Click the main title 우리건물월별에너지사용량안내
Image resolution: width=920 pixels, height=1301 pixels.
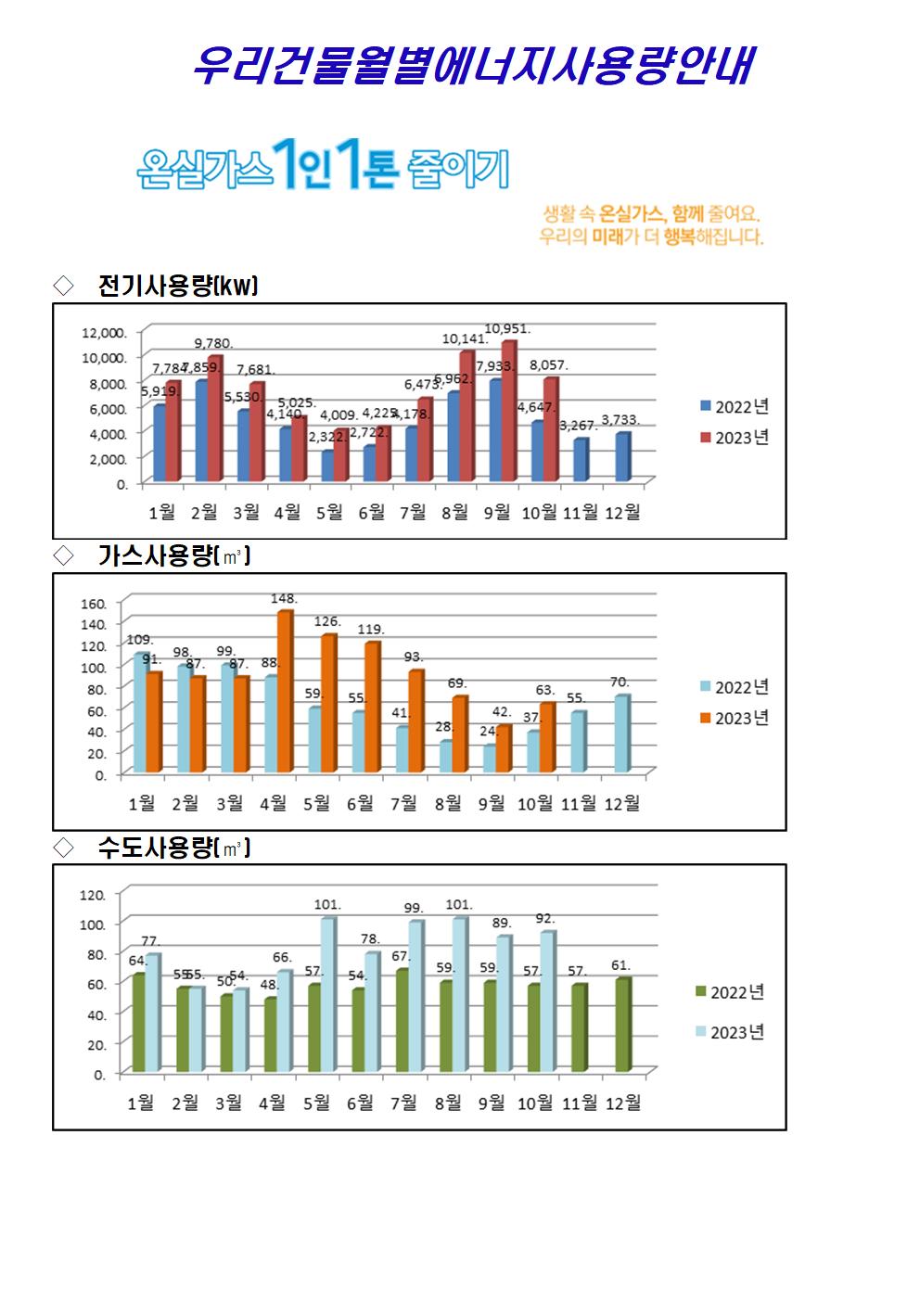pos(471,66)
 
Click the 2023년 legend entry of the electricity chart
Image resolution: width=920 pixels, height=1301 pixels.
pos(734,438)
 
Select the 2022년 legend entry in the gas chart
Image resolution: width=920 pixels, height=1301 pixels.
pos(734,687)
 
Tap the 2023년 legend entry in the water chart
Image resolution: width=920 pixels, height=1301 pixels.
pos(729,1033)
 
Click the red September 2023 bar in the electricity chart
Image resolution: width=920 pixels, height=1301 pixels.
pos(508,412)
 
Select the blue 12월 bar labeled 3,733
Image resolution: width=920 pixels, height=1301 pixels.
pos(622,457)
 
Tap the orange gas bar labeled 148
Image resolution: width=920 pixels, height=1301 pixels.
pos(285,692)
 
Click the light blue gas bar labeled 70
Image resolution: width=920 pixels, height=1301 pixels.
pos(621,733)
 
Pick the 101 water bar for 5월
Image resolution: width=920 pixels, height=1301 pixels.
pos(327,994)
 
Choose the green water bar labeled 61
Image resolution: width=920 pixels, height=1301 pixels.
pos(621,1025)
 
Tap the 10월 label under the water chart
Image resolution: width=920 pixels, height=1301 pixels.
pos(536,1103)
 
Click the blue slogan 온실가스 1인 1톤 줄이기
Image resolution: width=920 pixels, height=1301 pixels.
pos(322,167)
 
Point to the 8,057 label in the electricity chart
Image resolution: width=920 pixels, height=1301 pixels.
pos(549,365)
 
